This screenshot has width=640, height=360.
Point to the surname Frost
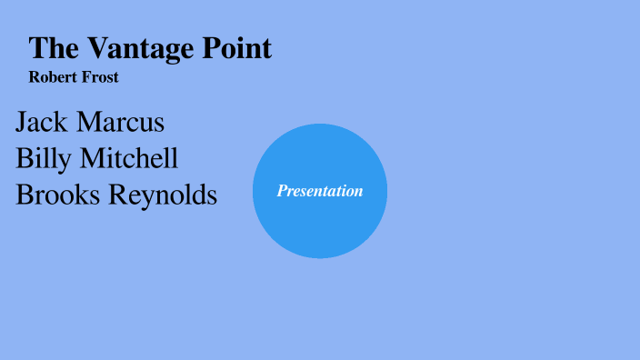pos(101,77)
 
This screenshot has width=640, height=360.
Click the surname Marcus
pos(121,122)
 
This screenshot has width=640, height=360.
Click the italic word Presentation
pos(320,191)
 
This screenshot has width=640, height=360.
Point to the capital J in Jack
pos(22,123)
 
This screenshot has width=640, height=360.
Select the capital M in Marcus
pos(90,122)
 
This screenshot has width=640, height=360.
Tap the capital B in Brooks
pos(25,194)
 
